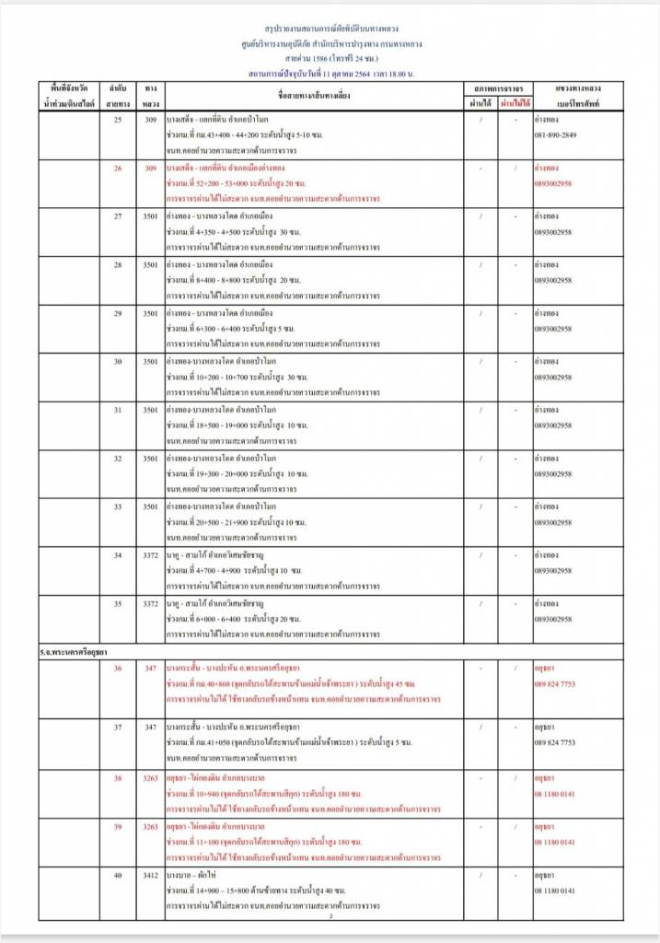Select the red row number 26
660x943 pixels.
117,169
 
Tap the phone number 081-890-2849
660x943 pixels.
557,135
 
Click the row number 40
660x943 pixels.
117,876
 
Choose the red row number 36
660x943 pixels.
117,668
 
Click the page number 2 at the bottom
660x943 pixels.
330,916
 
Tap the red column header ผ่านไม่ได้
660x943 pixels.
515,103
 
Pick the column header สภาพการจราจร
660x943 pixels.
497,87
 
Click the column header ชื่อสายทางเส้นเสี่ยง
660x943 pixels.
312,96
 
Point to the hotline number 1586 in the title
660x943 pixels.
310,56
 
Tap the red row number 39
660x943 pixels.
117,827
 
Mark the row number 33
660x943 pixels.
117,506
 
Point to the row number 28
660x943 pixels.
117,265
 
